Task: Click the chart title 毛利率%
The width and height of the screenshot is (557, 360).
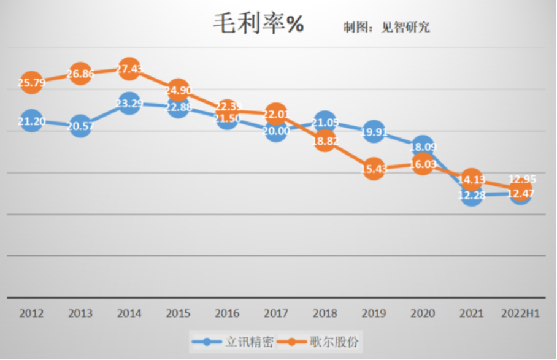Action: (x=258, y=25)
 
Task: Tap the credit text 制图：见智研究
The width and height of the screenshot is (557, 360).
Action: (x=386, y=27)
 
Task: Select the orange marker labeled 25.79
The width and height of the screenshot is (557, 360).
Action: (x=31, y=82)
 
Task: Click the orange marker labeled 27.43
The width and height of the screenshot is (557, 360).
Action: (x=129, y=68)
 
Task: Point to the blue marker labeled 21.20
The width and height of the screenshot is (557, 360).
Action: (x=31, y=121)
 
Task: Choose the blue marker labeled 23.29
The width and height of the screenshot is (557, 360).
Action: (x=129, y=104)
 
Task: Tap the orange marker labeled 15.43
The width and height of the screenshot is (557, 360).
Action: (x=374, y=169)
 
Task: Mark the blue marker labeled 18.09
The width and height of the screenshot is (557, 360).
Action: (x=423, y=147)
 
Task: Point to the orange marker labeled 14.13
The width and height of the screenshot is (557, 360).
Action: (x=471, y=180)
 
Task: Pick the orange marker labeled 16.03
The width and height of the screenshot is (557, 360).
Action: (x=423, y=164)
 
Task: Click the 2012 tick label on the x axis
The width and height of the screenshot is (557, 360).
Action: (x=31, y=313)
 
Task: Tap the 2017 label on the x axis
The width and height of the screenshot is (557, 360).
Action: (x=276, y=313)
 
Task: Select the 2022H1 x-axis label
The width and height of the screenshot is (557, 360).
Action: (x=520, y=313)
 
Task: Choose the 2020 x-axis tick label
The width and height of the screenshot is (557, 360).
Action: (x=423, y=313)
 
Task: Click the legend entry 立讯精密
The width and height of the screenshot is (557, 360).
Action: (x=233, y=340)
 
